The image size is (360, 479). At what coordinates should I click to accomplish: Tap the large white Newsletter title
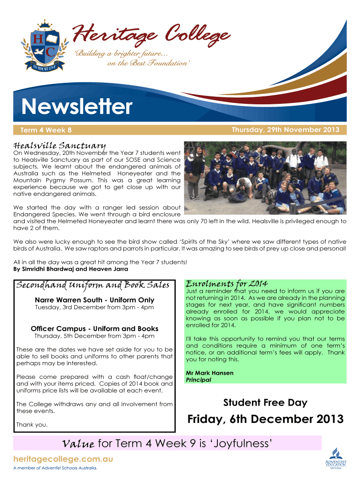78,107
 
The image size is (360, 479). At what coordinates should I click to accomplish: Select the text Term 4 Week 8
46,130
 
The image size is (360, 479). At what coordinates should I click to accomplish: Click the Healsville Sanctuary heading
59,146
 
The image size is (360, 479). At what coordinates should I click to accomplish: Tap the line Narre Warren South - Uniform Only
94,300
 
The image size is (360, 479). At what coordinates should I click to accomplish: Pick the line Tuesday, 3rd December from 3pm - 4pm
94,307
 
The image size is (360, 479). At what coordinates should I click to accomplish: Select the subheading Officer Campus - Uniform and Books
94,328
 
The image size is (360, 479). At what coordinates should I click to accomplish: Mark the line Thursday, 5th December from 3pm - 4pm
94,336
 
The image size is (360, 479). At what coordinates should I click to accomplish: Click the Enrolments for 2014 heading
227,283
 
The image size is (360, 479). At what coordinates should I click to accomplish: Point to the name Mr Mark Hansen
209,373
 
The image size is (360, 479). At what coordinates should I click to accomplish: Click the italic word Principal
199,380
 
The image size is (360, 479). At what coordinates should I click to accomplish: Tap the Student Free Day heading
265,402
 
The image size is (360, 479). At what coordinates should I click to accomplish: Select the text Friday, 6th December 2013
265,419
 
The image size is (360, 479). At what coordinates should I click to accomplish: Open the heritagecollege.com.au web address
63,459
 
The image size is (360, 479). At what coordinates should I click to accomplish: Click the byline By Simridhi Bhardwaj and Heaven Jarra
71,269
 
